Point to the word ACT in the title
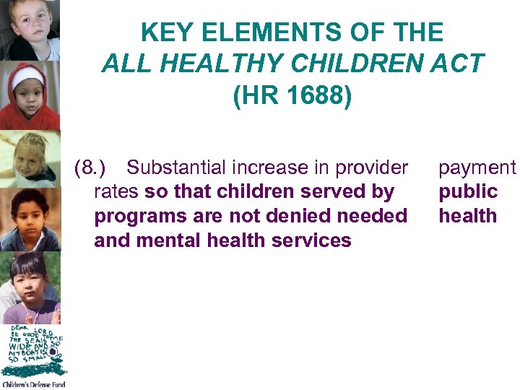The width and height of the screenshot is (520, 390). pos(457,64)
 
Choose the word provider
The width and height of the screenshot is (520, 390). pos(369,168)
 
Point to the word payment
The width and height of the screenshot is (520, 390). pos(477,168)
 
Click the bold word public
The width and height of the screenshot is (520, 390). pos(468,191)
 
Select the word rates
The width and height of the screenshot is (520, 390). pos(117,191)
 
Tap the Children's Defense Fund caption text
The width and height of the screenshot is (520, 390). pos(32,385)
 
